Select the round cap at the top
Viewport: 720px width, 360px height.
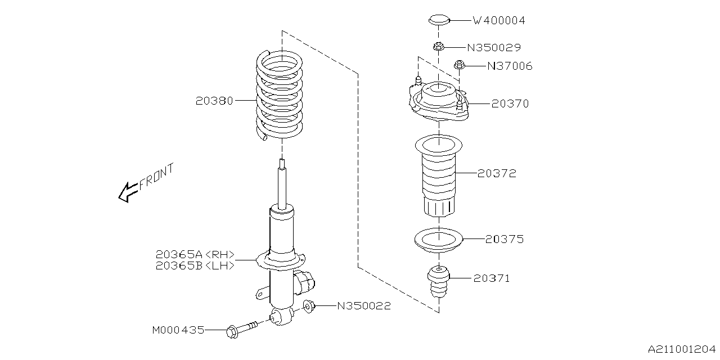tap(439, 20)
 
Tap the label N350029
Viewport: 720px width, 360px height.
tap(494, 48)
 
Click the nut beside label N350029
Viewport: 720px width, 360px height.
tap(439, 47)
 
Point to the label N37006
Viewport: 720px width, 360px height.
tap(509, 66)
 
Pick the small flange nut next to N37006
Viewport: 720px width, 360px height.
tap(460, 65)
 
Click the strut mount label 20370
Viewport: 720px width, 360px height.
tap(510, 104)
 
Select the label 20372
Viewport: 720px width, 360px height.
tap(497, 174)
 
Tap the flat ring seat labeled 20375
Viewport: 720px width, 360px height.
tap(438, 239)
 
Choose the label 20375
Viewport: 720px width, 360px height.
tap(505, 239)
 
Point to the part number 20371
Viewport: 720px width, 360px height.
tap(491, 278)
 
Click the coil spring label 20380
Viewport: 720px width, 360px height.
tap(214, 101)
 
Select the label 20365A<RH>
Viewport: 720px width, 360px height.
tap(196, 254)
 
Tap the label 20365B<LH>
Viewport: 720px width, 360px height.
tap(196, 265)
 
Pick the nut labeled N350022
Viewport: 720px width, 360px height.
tap(309, 307)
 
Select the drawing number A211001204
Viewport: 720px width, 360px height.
tap(681, 350)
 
